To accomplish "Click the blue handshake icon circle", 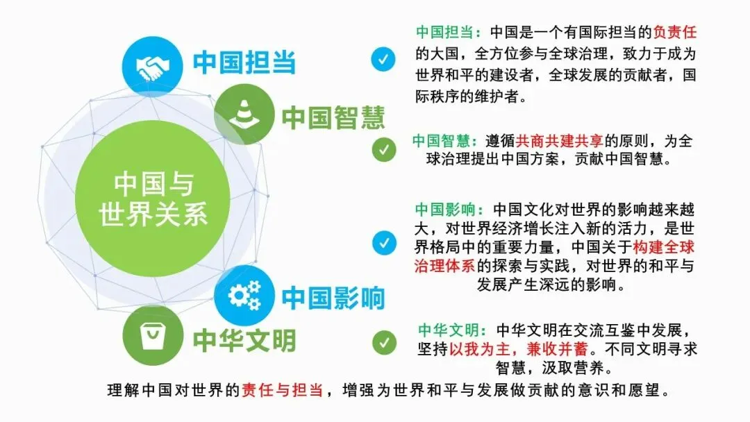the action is (x=153, y=66).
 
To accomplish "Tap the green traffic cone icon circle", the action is (x=244, y=115).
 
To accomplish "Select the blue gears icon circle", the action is (x=244, y=296).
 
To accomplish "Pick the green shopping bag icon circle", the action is (x=153, y=335).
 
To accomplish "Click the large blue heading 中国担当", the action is (x=244, y=62).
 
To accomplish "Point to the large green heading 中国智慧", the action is (x=333, y=117).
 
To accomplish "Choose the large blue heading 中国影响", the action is (x=333, y=298).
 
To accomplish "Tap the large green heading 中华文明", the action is (x=244, y=340).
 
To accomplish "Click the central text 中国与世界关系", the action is (x=153, y=199).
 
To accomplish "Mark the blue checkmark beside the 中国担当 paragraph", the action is (x=383, y=59).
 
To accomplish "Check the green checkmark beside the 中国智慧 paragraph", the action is (x=384, y=150).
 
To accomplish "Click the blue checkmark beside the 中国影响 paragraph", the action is (x=384, y=243).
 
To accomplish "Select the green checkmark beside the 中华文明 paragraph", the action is (x=384, y=343).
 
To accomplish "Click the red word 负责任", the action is (x=674, y=33).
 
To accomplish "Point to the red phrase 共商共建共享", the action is (x=560, y=141).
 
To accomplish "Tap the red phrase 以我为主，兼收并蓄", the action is (x=519, y=349).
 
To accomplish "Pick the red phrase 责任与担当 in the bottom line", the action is (x=282, y=390).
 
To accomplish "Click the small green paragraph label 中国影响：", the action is (x=449, y=210).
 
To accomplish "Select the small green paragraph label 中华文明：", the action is (x=453, y=330).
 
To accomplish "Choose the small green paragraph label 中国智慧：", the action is (x=446, y=141).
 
